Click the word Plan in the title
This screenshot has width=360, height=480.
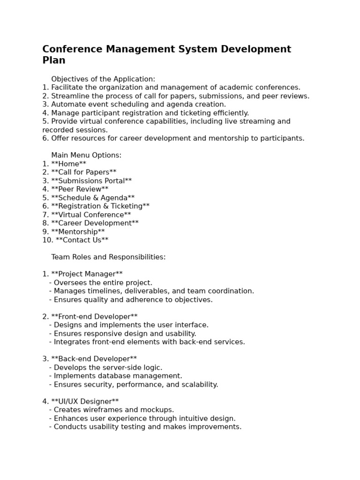click(54, 60)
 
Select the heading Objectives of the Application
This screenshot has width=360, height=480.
click(103, 79)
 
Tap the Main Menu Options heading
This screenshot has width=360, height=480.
click(86, 155)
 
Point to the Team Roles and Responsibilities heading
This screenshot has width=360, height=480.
click(108, 257)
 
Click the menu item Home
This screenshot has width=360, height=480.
click(68, 164)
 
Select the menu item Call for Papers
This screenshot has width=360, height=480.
click(83, 172)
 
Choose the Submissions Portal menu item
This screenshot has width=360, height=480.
click(91, 181)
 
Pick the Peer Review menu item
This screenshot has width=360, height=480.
click(80, 189)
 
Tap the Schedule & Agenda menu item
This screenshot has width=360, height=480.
click(93, 198)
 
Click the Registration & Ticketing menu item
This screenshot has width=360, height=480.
click(100, 206)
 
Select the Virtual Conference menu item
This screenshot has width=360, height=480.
click(91, 215)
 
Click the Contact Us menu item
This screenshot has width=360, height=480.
click(82, 240)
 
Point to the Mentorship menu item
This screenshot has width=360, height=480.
click(78, 232)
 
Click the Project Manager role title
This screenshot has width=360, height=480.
click(87, 274)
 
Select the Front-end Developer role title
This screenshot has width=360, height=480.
click(94, 317)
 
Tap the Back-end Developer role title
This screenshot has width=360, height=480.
click(94, 359)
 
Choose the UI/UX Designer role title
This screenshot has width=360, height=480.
click(85, 402)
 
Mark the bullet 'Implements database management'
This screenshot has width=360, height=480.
click(118, 376)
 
